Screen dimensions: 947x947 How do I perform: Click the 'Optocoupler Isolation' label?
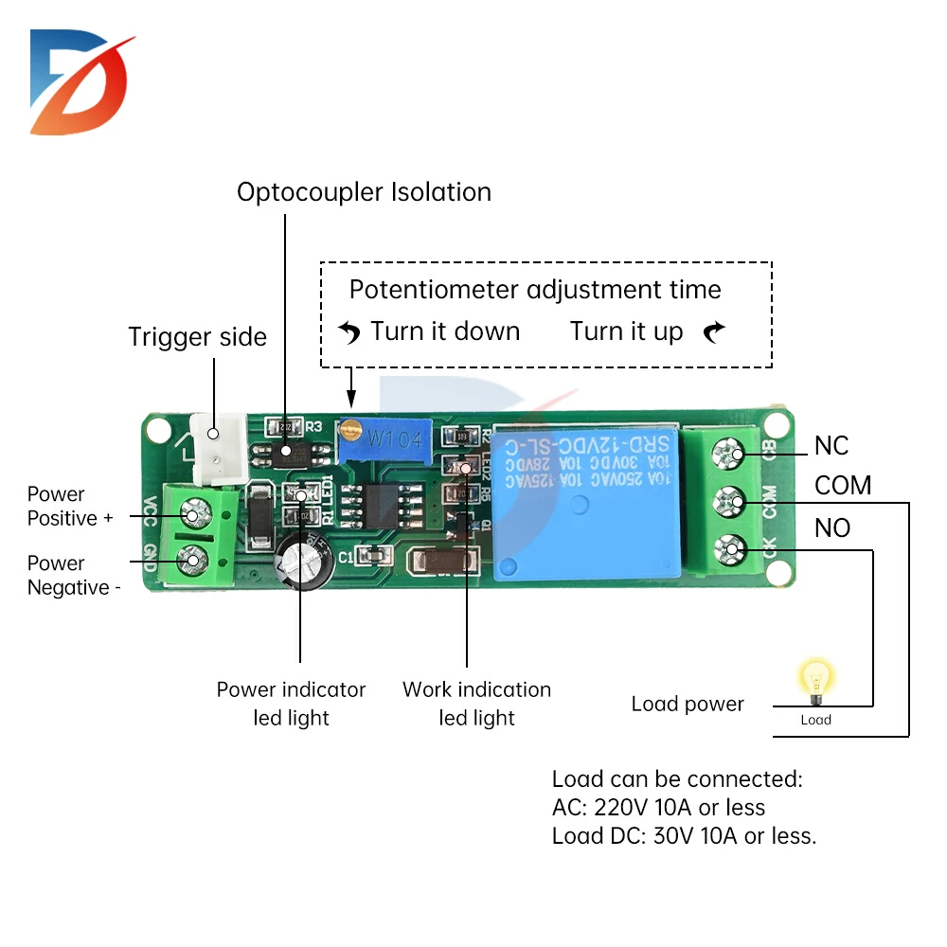(364, 192)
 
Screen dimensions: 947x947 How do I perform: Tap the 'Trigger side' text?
(198, 337)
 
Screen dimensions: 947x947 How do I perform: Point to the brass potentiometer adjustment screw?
(351, 429)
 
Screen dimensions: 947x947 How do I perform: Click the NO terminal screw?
(731, 546)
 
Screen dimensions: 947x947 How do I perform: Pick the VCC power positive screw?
(194, 515)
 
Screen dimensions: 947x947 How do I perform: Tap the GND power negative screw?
(194, 560)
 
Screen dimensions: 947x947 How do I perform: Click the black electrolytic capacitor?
(302, 565)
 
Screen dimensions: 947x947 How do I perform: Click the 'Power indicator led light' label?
(291, 704)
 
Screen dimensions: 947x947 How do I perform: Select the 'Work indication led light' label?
(476, 704)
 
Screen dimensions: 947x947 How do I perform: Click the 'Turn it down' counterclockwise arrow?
(350, 332)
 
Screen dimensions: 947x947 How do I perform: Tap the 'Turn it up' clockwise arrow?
(715, 331)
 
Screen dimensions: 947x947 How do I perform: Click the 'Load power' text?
(688, 704)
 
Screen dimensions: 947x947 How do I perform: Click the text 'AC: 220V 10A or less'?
(658, 808)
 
